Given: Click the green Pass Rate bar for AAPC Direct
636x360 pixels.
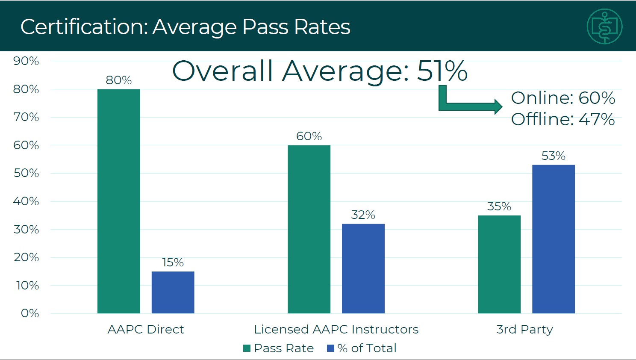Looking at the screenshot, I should pyautogui.click(x=119, y=201).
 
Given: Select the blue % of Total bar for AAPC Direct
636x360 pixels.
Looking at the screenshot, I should pyautogui.click(x=173, y=292).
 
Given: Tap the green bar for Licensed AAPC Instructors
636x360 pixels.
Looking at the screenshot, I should pyautogui.click(x=309, y=229).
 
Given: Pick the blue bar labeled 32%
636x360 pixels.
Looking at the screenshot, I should pyautogui.click(x=363, y=269).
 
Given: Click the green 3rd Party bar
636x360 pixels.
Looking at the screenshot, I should pyautogui.click(x=499, y=264).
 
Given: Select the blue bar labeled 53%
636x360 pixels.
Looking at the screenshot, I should pyautogui.click(x=554, y=239).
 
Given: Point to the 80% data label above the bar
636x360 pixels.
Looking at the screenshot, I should pyautogui.click(x=119, y=80).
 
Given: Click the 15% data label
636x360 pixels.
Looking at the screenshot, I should pyautogui.click(x=173, y=263).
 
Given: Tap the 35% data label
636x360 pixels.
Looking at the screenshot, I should pyautogui.click(x=499, y=207).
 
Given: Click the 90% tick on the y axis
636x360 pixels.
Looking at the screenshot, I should pyautogui.click(x=26, y=61).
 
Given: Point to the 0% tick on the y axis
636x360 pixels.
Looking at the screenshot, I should pyautogui.click(x=30, y=313).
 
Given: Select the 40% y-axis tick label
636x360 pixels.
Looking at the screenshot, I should pyautogui.click(x=26, y=201).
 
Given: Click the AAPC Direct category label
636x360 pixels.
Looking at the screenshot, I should pyautogui.click(x=146, y=329).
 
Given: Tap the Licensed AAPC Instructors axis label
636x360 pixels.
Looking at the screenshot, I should pyautogui.click(x=336, y=329).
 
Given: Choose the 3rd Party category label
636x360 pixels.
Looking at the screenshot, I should pyautogui.click(x=524, y=329).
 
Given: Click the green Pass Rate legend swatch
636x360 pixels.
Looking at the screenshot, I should pyautogui.click(x=247, y=348).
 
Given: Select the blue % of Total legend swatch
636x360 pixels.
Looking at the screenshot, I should pyautogui.click(x=330, y=348).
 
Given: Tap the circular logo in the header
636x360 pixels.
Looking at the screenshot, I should pyautogui.click(x=604, y=27).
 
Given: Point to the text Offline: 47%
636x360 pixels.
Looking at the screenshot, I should pyautogui.click(x=563, y=119).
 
